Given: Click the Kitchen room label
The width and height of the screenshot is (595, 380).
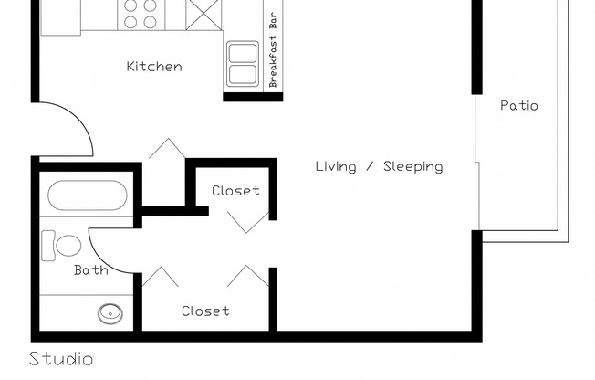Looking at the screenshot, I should point(153,67).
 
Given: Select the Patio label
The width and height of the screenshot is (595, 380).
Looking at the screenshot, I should point(518,106).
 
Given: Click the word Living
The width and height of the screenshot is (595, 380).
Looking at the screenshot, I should point(336,166).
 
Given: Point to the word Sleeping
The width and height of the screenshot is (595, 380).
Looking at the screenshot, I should point(412,166).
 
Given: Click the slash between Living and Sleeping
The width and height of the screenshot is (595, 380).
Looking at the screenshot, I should point(369,166).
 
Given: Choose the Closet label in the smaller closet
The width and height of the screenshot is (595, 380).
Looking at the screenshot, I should point(235,191).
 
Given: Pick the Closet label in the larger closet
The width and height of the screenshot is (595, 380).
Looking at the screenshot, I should point(205,311).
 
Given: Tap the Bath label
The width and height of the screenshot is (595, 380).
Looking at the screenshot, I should point(90,270).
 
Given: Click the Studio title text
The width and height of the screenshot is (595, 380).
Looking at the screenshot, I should point(61,358).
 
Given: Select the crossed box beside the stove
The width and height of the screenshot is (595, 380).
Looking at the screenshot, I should point(203,13).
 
